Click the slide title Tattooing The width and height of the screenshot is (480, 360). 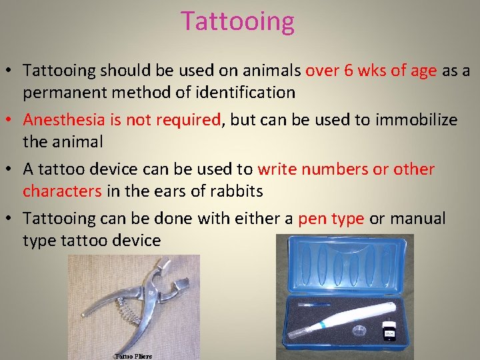click(x=237, y=21)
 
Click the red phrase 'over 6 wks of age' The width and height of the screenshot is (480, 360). click(x=371, y=70)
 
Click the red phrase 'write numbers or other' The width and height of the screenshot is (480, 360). click(x=346, y=169)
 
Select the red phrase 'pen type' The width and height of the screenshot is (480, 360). click(x=331, y=218)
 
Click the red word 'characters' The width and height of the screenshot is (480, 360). click(x=62, y=191)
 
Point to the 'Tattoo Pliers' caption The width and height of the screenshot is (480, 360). click(x=133, y=356)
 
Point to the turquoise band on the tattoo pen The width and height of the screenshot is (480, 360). click(x=323, y=325)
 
